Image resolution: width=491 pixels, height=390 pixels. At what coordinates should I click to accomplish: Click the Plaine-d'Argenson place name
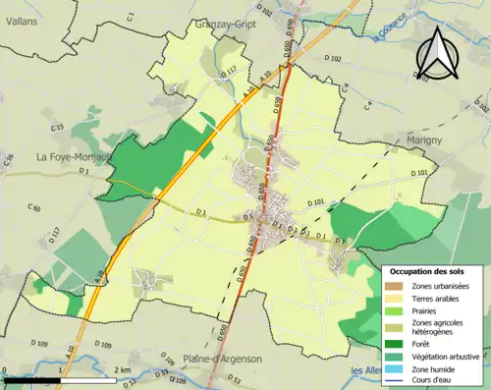coord(222,360)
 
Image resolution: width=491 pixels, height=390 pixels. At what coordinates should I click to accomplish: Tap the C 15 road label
coord(57,128)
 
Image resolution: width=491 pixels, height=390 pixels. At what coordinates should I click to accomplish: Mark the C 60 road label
coord(35,208)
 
